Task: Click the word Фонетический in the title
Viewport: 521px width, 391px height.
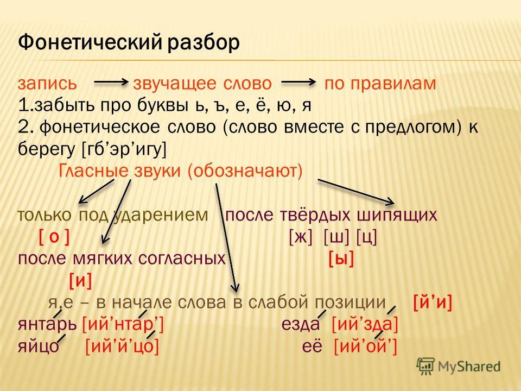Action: pos(91,43)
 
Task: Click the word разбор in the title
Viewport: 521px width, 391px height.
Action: pos(204,43)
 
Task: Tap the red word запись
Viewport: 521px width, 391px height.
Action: pos(47,84)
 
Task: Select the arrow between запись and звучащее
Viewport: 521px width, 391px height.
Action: pos(111,82)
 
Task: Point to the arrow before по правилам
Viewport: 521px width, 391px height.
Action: pos(298,82)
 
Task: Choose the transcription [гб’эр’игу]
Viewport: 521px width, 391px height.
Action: pos(124,150)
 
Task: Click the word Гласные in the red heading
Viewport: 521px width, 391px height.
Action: pos(93,171)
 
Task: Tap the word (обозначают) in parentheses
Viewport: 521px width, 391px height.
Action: pos(245,171)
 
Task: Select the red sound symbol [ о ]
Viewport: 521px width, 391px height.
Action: pos(54,237)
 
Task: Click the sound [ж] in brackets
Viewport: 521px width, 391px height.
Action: pos(301,237)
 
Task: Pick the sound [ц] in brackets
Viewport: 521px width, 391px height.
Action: pos(366,237)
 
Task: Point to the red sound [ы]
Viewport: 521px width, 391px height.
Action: pos(341,259)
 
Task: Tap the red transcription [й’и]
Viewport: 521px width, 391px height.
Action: pos(433,302)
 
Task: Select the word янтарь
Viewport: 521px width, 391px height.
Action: pos(48,325)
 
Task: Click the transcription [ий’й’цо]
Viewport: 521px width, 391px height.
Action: pos(122,346)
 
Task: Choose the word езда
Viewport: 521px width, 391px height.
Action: pos(300,324)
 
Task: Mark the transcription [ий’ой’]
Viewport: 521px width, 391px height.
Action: pos(365,346)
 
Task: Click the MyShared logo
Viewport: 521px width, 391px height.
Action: pos(459,367)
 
